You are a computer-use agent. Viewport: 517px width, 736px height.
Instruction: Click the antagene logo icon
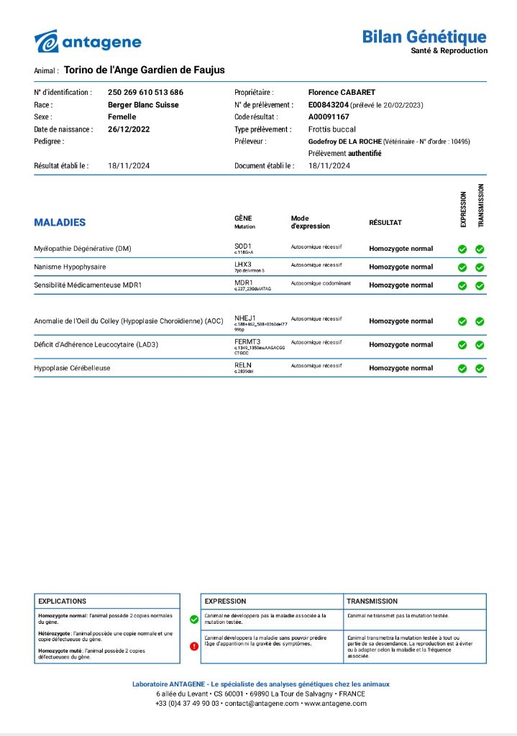(46, 42)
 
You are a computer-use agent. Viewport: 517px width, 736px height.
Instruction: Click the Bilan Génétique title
(424, 37)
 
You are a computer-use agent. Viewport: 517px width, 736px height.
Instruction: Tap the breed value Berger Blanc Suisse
(143, 105)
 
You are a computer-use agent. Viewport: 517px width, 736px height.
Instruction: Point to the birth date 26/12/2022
(129, 129)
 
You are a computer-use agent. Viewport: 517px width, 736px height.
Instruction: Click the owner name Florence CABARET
(342, 93)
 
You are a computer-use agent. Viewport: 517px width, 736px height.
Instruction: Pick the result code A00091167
(329, 117)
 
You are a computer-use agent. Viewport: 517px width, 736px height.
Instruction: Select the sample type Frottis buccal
(332, 129)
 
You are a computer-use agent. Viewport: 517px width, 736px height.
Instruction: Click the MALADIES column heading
(60, 223)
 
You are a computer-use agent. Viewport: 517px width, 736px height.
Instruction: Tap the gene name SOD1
(243, 246)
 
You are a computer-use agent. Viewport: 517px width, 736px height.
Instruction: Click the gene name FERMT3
(247, 341)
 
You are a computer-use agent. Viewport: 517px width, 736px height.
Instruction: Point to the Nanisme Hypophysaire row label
(70, 267)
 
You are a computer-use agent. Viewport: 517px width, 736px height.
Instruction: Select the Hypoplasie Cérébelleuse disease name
(72, 368)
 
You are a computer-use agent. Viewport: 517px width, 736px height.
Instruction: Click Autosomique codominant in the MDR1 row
(321, 283)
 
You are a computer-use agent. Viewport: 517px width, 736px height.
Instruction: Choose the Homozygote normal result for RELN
(401, 368)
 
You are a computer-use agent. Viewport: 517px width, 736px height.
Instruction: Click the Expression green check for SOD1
(462, 249)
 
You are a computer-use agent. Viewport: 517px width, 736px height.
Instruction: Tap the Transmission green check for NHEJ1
(480, 322)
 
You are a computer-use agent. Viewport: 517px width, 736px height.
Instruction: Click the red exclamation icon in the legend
(194, 646)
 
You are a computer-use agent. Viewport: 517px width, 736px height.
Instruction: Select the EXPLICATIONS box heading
(63, 601)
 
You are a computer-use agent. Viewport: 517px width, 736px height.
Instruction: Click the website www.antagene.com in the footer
(335, 704)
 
